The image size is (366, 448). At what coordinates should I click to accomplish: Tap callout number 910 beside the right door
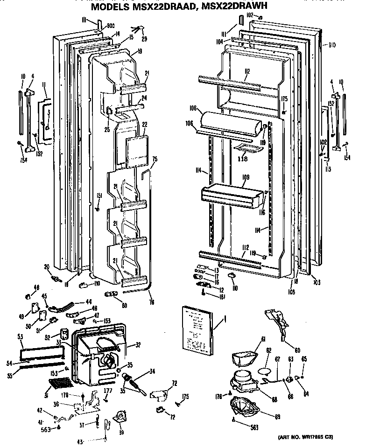tap(332, 45)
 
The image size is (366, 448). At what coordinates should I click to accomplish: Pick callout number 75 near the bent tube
tap(155, 160)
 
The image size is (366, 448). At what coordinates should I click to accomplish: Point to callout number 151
tap(99, 196)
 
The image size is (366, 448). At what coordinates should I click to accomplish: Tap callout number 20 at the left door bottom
tap(47, 266)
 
